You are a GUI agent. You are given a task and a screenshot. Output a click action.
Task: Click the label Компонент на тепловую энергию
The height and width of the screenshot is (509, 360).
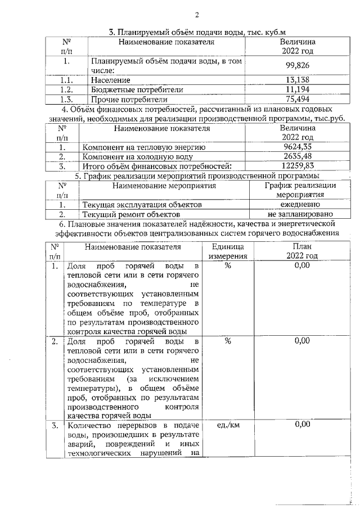point(144,147)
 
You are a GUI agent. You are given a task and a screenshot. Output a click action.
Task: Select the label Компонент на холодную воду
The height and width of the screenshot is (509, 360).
point(140,157)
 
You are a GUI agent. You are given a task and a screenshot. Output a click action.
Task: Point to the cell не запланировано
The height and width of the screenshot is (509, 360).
point(300,214)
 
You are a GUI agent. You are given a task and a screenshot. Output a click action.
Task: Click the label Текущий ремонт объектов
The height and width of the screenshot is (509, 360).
point(130,214)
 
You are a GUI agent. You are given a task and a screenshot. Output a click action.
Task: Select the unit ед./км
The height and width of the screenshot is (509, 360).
point(227,425)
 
